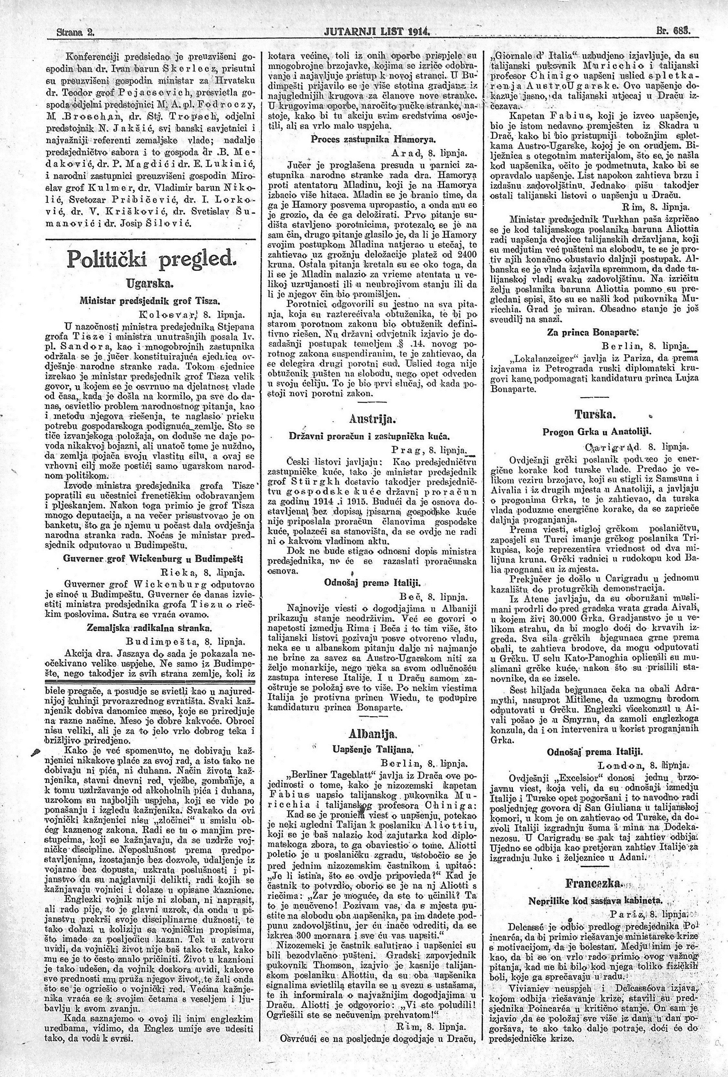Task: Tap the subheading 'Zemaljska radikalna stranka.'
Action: (149, 627)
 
